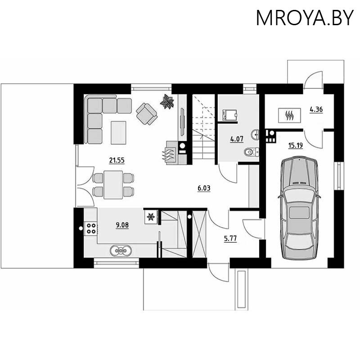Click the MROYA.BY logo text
[305, 18]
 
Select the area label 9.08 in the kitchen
[122, 225]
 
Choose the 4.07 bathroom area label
[237, 139]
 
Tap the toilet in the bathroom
[251, 152]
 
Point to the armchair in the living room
[147, 113]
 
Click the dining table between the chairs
[113, 184]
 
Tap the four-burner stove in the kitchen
[91, 228]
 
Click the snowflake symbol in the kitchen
[151, 217]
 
